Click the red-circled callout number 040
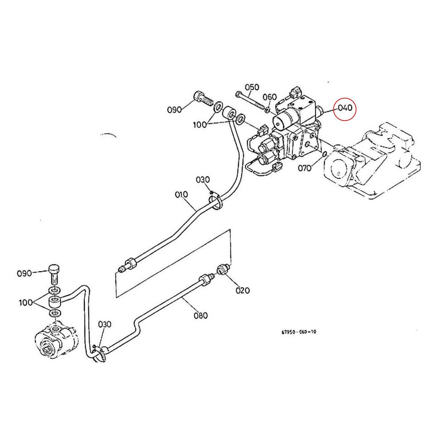pyautogui.click(x=345, y=108)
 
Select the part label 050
pyautogui.click(x=252, y=87)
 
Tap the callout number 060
pyautogui.click(x=270, y=97)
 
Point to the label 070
pyautogui.click(x=304, y=168)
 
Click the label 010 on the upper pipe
pyautogui.click(x=181, y=195)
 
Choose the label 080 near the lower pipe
pyautogui.click(x=200, y=315)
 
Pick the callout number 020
pyautogui.click(x=243, y=290)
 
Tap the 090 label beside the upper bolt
pyautogui.click(x=174, y=109)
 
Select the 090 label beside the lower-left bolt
pyautogui.click(x=24, y=273)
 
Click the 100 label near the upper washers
pyautogui.click(x=200, y=125)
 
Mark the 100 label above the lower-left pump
pyautogui.click(x=26, y=302)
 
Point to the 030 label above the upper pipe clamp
pyautogui.click(x=203, y=180)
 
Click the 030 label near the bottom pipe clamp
pyautogui.click(x=105, y=324)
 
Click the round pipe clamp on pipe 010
pyautogui.click(x=216, y=202)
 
